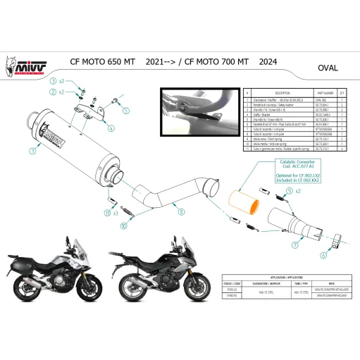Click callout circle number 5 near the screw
[x=126, y=110]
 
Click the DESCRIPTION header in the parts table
[x=262, y=92]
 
